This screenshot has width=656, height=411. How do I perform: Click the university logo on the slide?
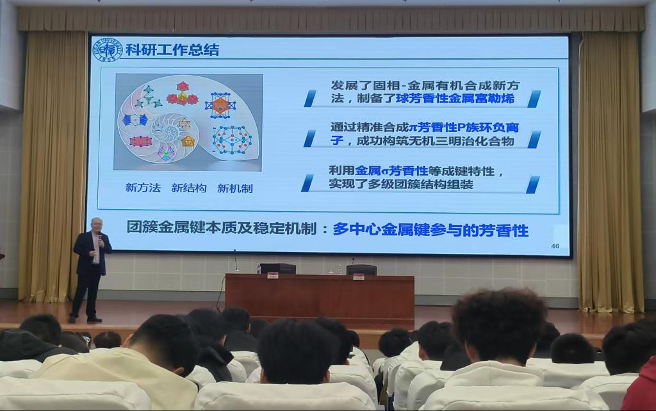107,50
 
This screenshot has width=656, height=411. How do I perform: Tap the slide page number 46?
555,247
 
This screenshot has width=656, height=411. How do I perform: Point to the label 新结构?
188,188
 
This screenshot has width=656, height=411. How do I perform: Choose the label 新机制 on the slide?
234,188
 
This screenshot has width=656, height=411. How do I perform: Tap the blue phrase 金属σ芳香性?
391,171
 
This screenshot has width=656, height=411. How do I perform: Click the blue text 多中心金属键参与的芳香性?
430,230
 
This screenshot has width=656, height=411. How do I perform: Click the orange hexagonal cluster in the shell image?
220,105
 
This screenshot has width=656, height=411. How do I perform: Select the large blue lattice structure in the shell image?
231,139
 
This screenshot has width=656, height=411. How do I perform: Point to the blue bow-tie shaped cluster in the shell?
135,120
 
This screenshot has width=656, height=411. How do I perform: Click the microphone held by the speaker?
99,237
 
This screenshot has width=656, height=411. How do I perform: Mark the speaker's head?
95,226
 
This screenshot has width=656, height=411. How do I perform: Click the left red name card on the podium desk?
272,276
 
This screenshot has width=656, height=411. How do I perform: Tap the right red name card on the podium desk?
358,276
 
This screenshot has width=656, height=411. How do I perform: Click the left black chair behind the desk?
277,269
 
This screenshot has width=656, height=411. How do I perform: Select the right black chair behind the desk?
361,269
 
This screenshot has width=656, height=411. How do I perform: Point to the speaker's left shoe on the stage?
94,319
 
